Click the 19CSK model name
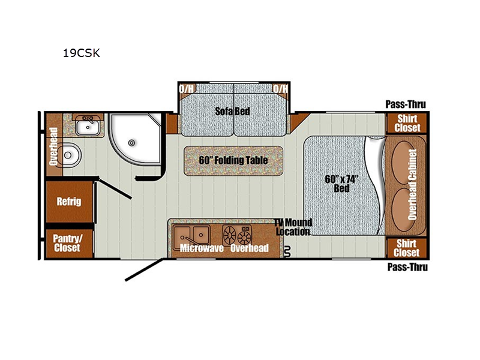[x=82, y=53]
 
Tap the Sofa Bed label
[x=233, y=111]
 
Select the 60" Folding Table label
[x=233, y=160]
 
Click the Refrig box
[x=69, y=202]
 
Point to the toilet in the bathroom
[x=70, y=155]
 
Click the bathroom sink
[x=89, y=125]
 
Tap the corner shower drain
[x=132, y=144]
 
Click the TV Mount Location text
[x=293, y=227]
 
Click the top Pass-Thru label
[x=406, y=104]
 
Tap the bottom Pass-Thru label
[x=407, y=267]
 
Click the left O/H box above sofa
[x=187, y=89]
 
